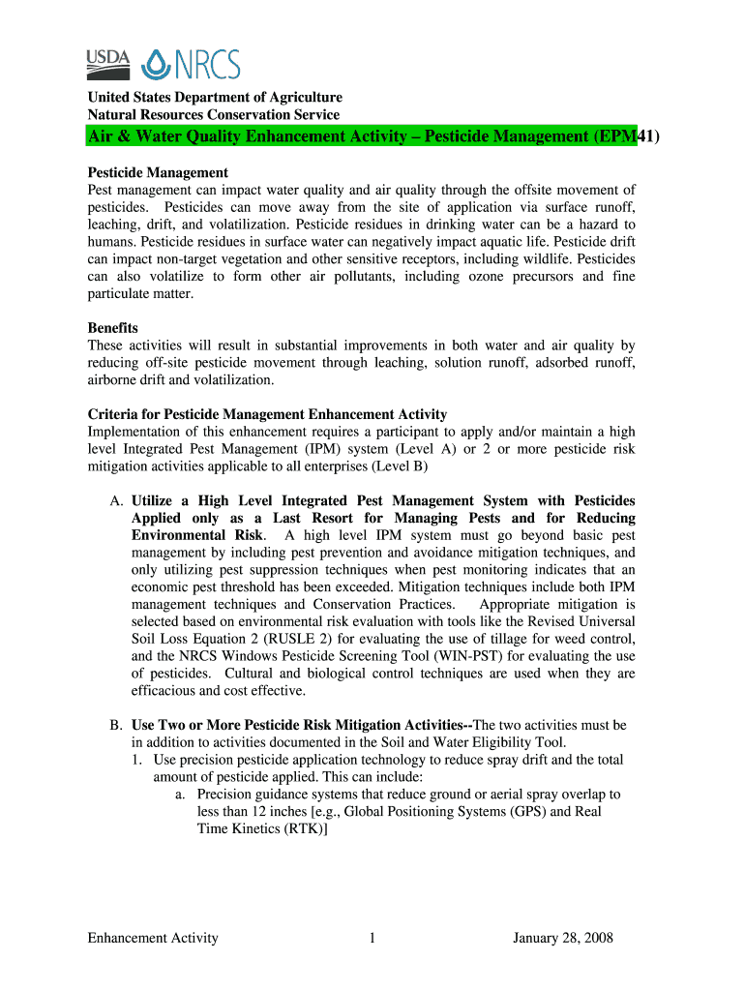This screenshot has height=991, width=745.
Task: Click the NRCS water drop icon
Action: [159, 65]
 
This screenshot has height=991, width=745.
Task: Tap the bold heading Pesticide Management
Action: [158, 172]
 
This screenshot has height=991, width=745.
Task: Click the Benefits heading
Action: [113, 328]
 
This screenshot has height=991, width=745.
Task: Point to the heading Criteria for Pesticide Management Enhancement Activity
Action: [267, 414]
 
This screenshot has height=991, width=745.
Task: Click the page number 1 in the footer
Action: [372, 938]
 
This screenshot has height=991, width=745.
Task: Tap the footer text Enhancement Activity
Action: [153, 938]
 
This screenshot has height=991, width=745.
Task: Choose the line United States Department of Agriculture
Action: [215, 98]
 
